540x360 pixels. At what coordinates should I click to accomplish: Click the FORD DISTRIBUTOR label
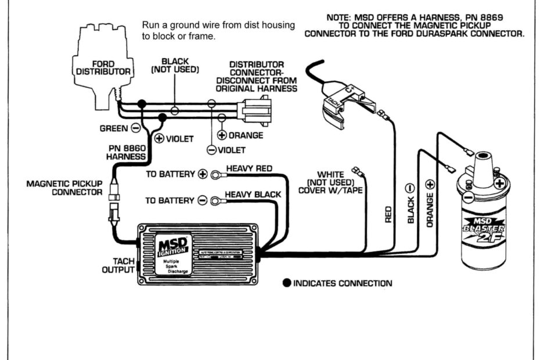(x=104, y=67)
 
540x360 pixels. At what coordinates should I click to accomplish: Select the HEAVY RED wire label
(x=249, y=168)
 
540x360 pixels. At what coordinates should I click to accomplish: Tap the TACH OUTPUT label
(x=118, y=266)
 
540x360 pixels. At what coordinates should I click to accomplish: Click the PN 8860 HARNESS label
(x=126, y=152)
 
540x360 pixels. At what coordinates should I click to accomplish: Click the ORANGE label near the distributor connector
(x=245, y=135)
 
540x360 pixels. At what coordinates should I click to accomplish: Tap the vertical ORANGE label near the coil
(x=430, y=211)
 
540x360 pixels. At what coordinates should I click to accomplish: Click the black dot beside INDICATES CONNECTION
(x=286, y=284)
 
